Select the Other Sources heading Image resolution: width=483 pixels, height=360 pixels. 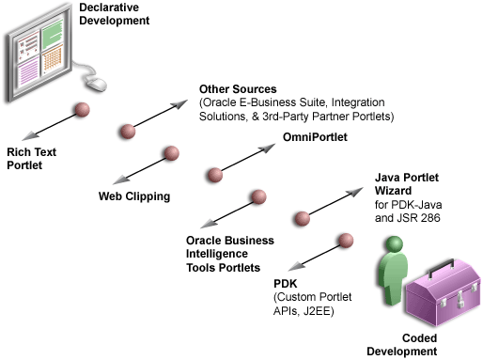pos(236,89)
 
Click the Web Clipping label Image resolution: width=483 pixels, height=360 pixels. pos(134,196)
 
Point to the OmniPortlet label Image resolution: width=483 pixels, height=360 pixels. pos(315,138)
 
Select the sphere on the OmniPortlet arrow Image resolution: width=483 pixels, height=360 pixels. pos(214,175)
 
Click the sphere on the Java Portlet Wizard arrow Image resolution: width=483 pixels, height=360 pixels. pos(303,219)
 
